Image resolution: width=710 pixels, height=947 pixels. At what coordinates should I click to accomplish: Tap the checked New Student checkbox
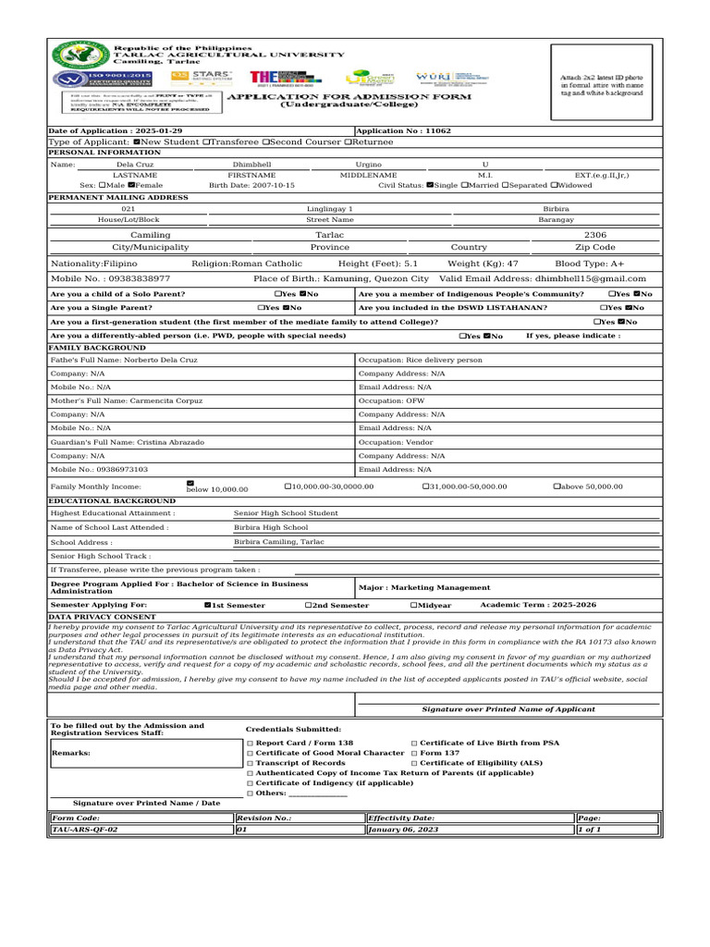(138, 141)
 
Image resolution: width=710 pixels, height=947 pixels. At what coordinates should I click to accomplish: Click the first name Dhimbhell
(252, 164)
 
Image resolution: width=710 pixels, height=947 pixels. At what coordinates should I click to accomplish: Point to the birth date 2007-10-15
(272, 185)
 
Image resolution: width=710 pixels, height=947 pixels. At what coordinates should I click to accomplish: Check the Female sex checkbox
(131, 185)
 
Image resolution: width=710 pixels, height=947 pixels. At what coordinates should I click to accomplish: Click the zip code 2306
(595, 236)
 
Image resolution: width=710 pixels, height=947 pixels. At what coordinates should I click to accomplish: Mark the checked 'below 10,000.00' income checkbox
(190, 483)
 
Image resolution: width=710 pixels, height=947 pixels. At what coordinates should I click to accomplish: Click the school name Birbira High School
(271, 527)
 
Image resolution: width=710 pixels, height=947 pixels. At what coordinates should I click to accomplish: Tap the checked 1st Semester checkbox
(208, 605)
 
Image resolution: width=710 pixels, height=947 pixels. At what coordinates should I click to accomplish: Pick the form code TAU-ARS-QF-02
(85, 830)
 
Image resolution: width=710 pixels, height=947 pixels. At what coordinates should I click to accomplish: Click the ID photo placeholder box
(606, 82)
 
